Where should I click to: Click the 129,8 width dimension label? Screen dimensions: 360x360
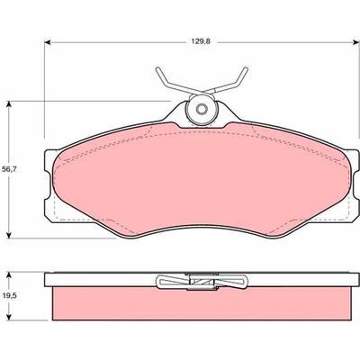tap(201, 42)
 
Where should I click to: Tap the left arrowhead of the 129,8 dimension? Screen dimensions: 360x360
tap(47, 42)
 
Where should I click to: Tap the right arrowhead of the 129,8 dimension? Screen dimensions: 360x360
tap(356, 42)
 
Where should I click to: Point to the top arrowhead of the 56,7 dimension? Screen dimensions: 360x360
tap(9, 103)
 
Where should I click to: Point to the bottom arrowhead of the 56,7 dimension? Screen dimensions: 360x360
tap(9, 236)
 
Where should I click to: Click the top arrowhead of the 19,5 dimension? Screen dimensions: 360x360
tap(9, 275)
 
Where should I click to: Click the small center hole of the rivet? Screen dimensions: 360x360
tap(202, 109)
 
